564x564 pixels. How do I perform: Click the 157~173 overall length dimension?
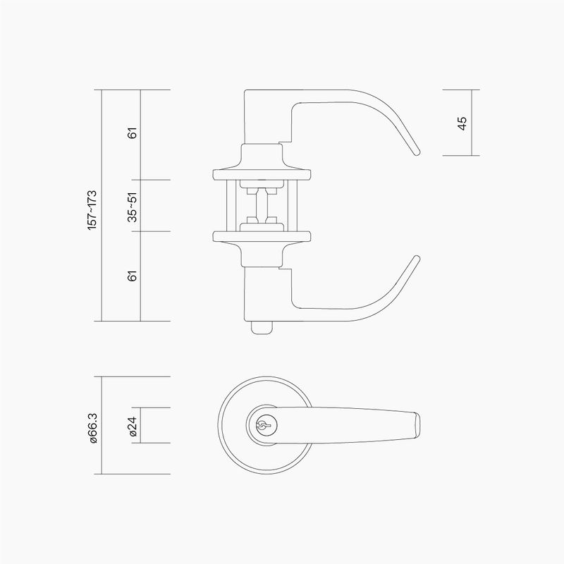tap(92, 210)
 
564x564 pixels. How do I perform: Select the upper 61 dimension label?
tap(133, 133)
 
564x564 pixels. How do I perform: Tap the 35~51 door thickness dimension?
tap(133, 207)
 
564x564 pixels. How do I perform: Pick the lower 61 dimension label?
tap(133, 276)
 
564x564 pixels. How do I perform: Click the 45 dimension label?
tap(462, 123)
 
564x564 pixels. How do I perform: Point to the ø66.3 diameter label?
tap(92, 428)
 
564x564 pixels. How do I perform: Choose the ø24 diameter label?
tap(133, 427)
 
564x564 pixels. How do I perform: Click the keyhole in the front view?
tap(263, 426)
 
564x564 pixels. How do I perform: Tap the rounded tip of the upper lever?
tap(417, 152)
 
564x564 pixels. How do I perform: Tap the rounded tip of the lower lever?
tap(417, 258)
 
